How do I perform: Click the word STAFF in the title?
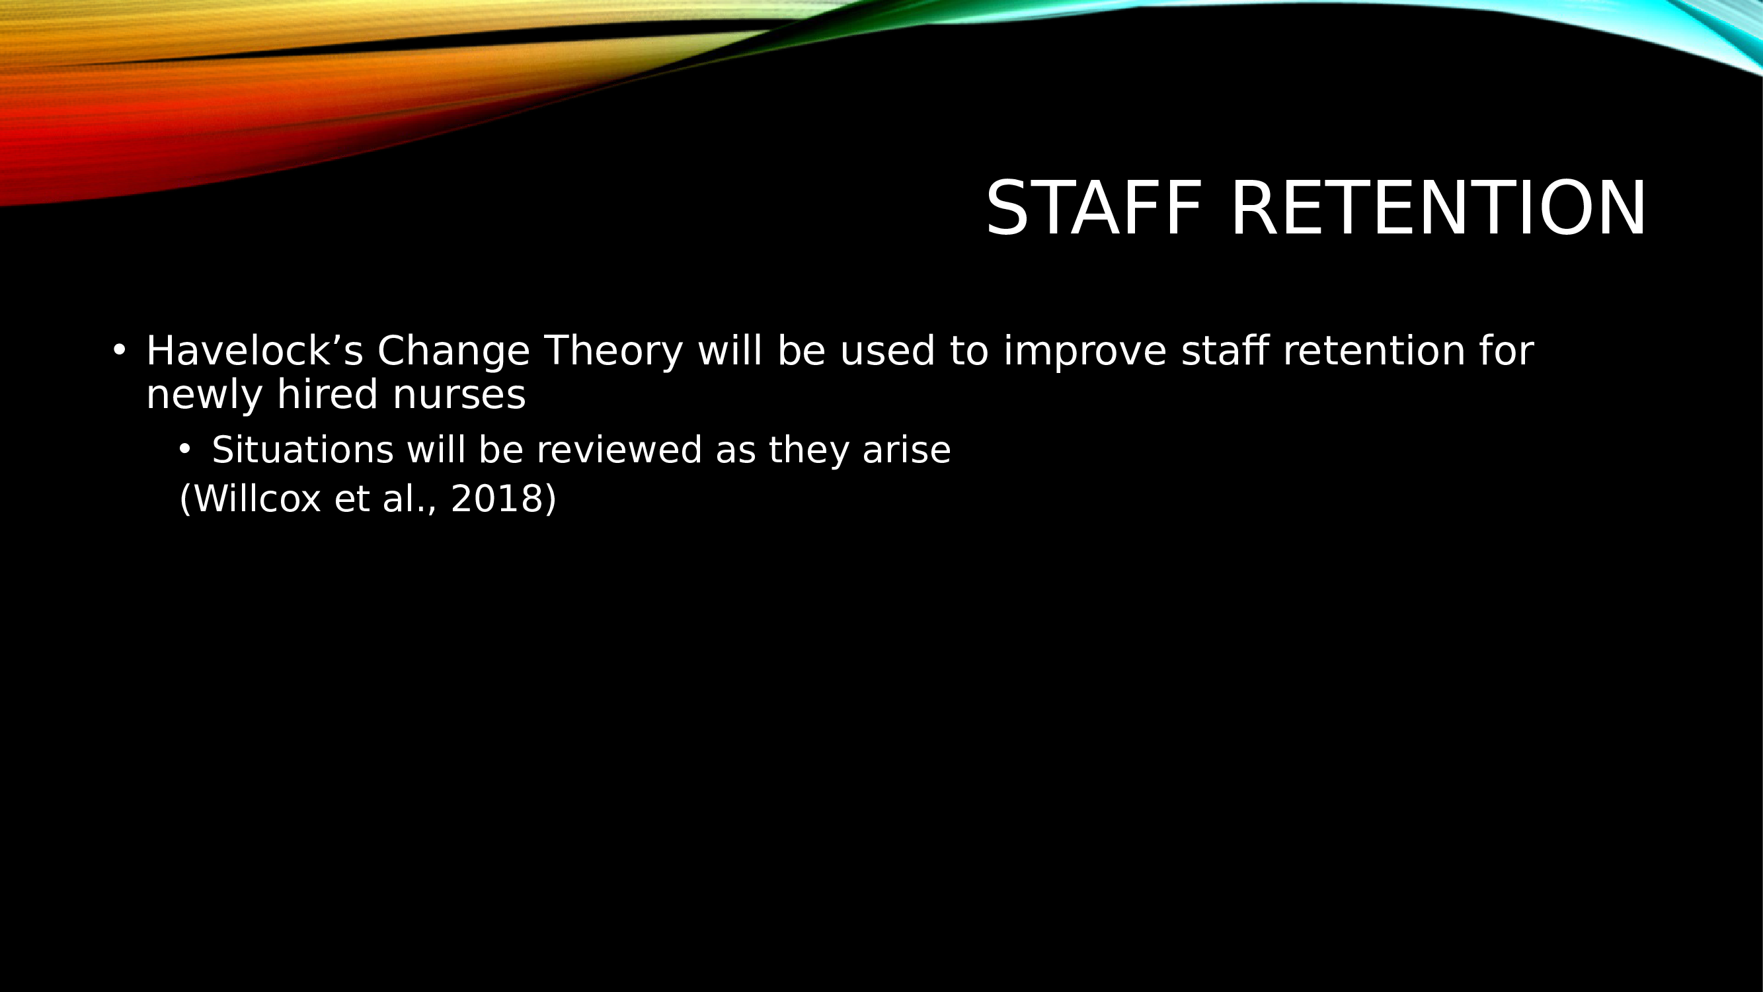tap(1093, 208)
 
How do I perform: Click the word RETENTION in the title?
tap(1438, 208)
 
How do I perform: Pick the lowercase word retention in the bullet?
tap(1373, 352)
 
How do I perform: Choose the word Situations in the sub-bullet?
tap(303, 450)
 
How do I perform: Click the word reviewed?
tap(619, 450)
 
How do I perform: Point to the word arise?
tap(906, 450)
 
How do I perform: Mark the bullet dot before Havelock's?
tap(119, 350)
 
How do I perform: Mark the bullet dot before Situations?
tap(185, 449)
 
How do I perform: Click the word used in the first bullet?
tap(887, 352)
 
